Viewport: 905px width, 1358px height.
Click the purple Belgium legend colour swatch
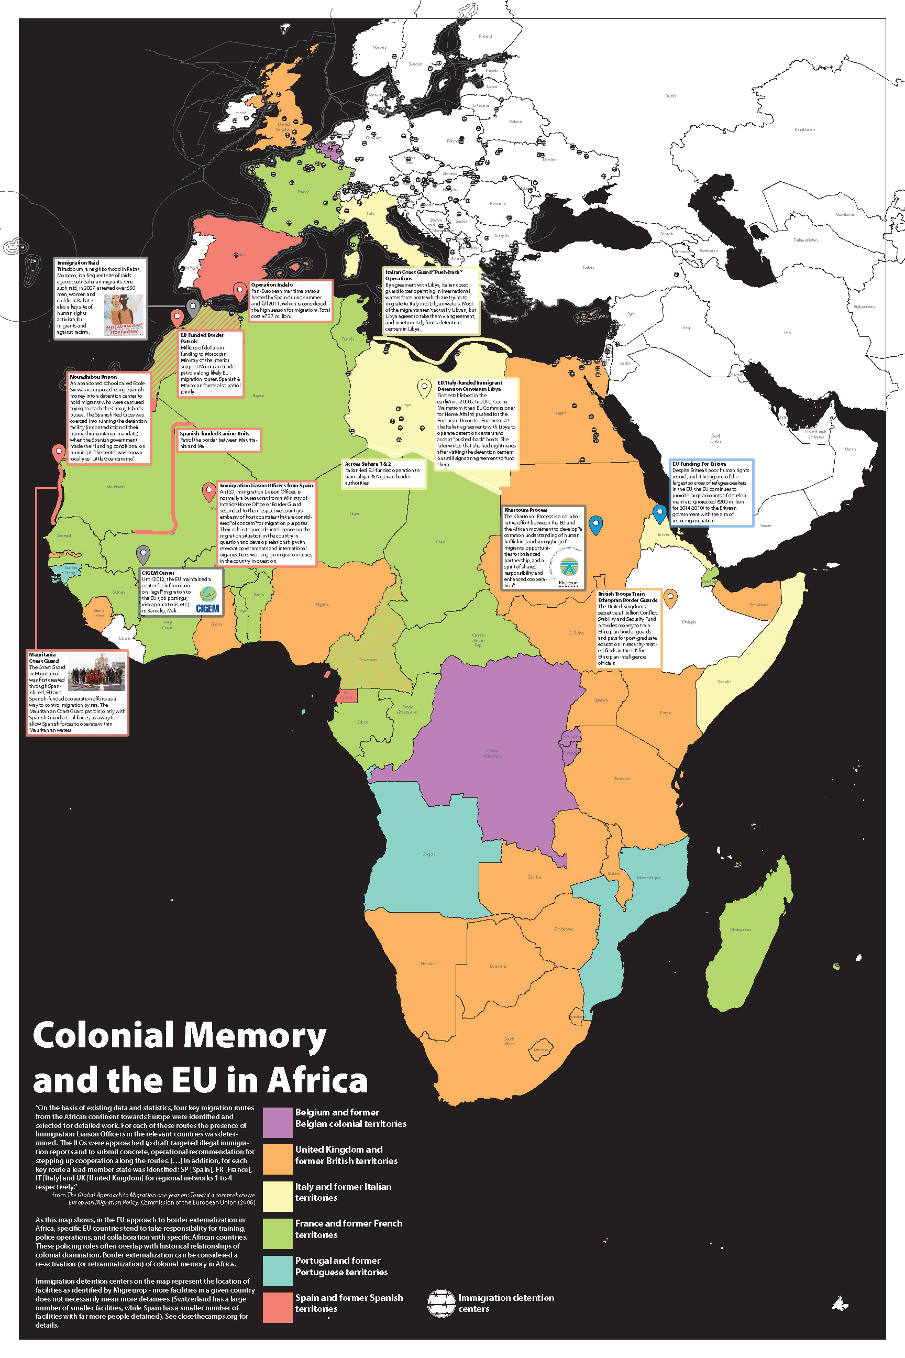[x=278, y=1122]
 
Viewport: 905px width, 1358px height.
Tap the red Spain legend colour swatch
[x=278, y=1307]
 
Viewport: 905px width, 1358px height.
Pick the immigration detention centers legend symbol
[x=441, y=1302]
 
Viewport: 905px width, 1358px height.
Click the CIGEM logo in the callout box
[x=207, y=600]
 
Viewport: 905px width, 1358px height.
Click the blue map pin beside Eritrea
[x=659, y=513]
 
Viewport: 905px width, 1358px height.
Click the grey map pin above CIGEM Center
[x=143, y=554]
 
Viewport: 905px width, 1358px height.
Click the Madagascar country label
[x=741, y=929]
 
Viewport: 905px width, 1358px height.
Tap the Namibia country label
[x=428, y=963]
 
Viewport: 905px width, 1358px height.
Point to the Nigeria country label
[x=322, y=605]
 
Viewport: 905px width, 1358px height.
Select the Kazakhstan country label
[x=804, y=129]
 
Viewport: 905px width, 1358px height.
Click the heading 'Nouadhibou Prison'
[x=93, y=377]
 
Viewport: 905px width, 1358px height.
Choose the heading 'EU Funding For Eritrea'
[x=699, y=464]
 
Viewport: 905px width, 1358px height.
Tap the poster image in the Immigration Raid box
[x=124, y=315]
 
